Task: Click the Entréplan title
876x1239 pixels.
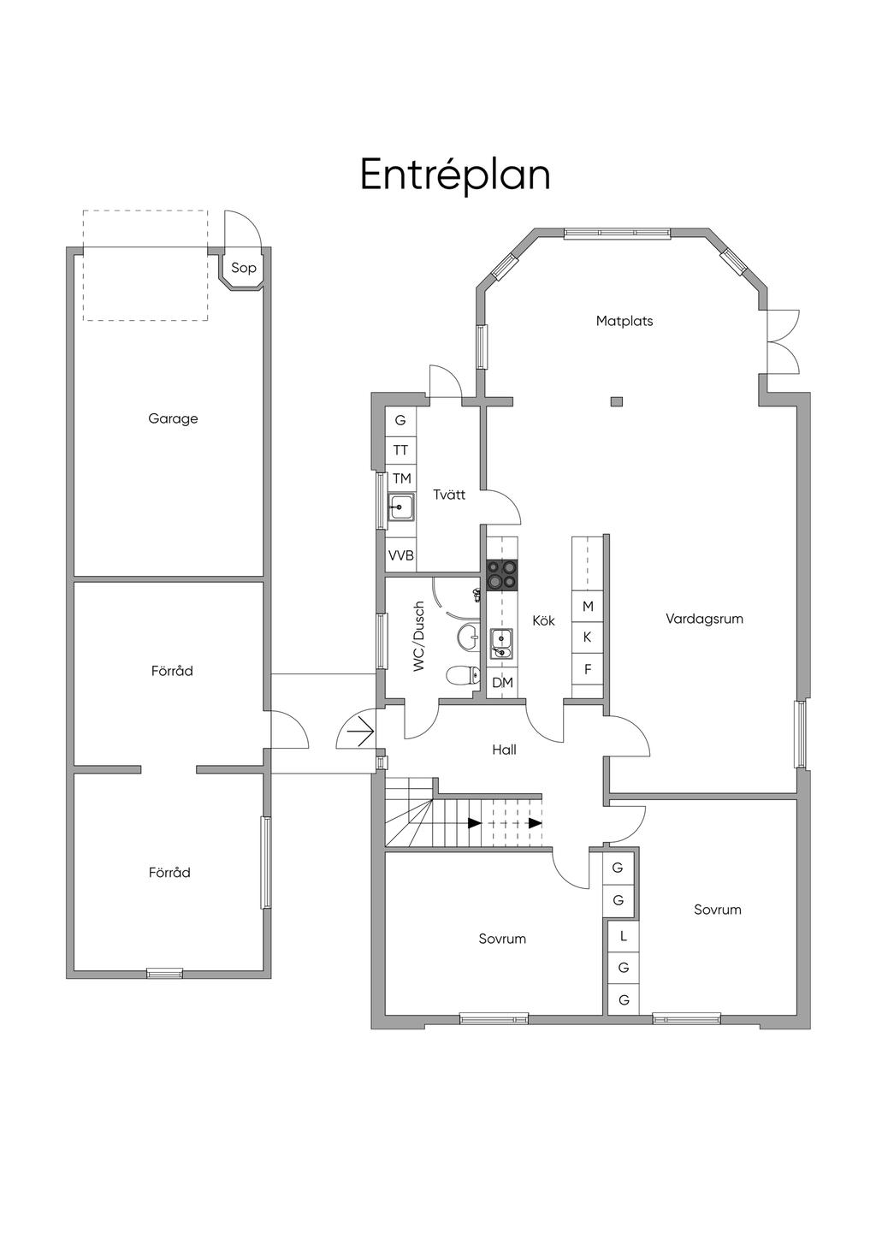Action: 455,175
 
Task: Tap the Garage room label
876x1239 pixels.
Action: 173,418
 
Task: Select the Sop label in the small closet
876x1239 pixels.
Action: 244,269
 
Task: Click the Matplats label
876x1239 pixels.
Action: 624,321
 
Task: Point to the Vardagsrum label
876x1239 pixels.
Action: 704,619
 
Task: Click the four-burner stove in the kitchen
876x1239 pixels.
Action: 502,575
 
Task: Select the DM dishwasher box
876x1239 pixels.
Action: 502,683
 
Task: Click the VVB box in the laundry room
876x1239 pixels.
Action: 401,554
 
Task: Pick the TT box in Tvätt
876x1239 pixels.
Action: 401,450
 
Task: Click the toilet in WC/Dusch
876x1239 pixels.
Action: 463,675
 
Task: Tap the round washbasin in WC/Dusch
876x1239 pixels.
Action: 469,635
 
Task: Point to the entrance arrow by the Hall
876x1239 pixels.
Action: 360,732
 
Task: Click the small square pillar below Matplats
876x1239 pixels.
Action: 617,401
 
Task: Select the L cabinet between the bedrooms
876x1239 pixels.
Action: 624,936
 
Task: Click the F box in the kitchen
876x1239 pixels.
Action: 588,669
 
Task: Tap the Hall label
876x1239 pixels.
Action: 505,750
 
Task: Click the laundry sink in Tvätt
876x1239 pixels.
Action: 401,506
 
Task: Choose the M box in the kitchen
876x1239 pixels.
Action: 588,606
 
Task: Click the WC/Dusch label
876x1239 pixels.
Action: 418,636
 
